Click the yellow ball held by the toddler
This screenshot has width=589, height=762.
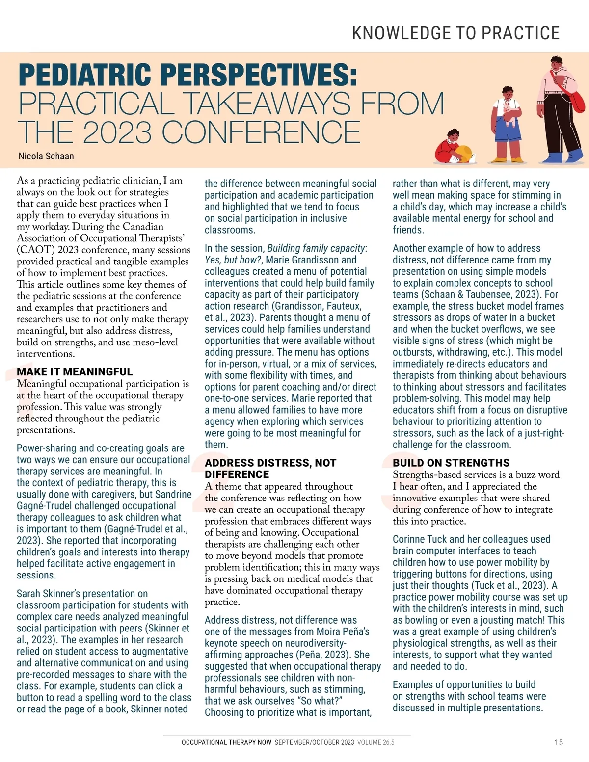[x=464, y=153]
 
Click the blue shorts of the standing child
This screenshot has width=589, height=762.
[x=507, y=136]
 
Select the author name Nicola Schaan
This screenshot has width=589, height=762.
[x=46, y=156]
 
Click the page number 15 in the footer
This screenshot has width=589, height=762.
[x=559, y=742]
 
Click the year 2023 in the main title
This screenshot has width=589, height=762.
[x=117, y=132]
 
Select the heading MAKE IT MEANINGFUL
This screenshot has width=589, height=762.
[x=75, y=371]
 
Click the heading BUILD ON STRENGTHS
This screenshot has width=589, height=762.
[x=451, y=463]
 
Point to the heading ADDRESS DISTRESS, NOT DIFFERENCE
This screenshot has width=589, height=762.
[x=270, y=468]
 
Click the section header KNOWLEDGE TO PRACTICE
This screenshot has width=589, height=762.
[x=455, y=33]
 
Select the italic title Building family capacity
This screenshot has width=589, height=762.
[x=316, y=248]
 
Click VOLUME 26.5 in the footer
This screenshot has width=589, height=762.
[x=375, y=742]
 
